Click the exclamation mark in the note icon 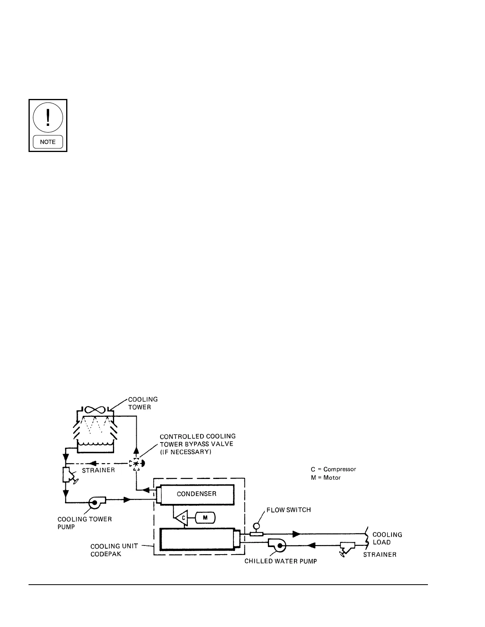click(x=48, y=117)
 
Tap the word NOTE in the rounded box click(x=48, y=142)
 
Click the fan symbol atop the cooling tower click(x=95, y=410)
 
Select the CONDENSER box click(x=197, y=494)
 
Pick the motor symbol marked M click(x=205, y=518)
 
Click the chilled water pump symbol click(x=277, y=545)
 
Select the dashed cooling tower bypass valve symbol click(x=136, y=464)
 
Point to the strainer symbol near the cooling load click(x=347, y=548)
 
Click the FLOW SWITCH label click(x=288, y=510)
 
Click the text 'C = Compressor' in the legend click(x=333, y=469)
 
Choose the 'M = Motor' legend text click(x=326, y=477)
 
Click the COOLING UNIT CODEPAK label click(x=114, y=550)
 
